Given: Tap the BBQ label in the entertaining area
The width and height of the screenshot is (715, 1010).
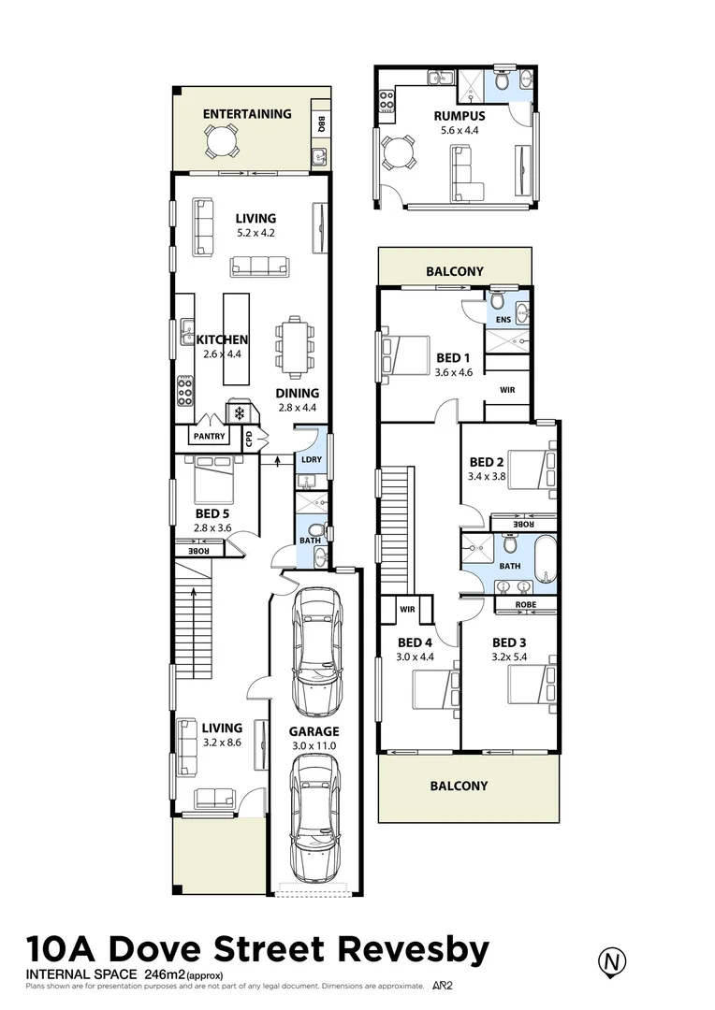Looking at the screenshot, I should (x=320, y=123).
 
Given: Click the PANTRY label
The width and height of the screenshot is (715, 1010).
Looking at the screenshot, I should (x=209, y=436).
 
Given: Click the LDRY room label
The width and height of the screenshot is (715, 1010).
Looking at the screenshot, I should (x=311, y=459).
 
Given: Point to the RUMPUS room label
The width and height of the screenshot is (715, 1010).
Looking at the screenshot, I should (x=459, y=116).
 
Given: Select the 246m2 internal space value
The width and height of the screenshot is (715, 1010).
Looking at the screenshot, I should (x=166, y=974).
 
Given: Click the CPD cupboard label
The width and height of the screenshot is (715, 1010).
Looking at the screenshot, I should (x=249, y=438).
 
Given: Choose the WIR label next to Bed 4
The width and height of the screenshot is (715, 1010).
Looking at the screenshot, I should (x=407, y=609).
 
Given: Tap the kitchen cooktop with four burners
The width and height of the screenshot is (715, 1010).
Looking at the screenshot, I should (x=185, y=390).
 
